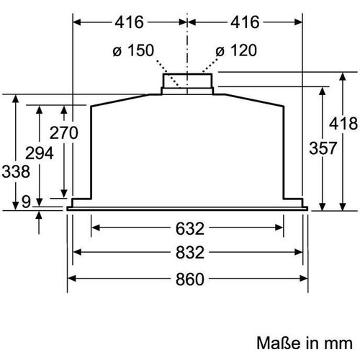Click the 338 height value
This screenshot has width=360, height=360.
[x=15, y=172]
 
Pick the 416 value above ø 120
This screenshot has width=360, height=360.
[x=243, y=22]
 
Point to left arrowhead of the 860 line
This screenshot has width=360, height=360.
[x=71, y=278]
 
